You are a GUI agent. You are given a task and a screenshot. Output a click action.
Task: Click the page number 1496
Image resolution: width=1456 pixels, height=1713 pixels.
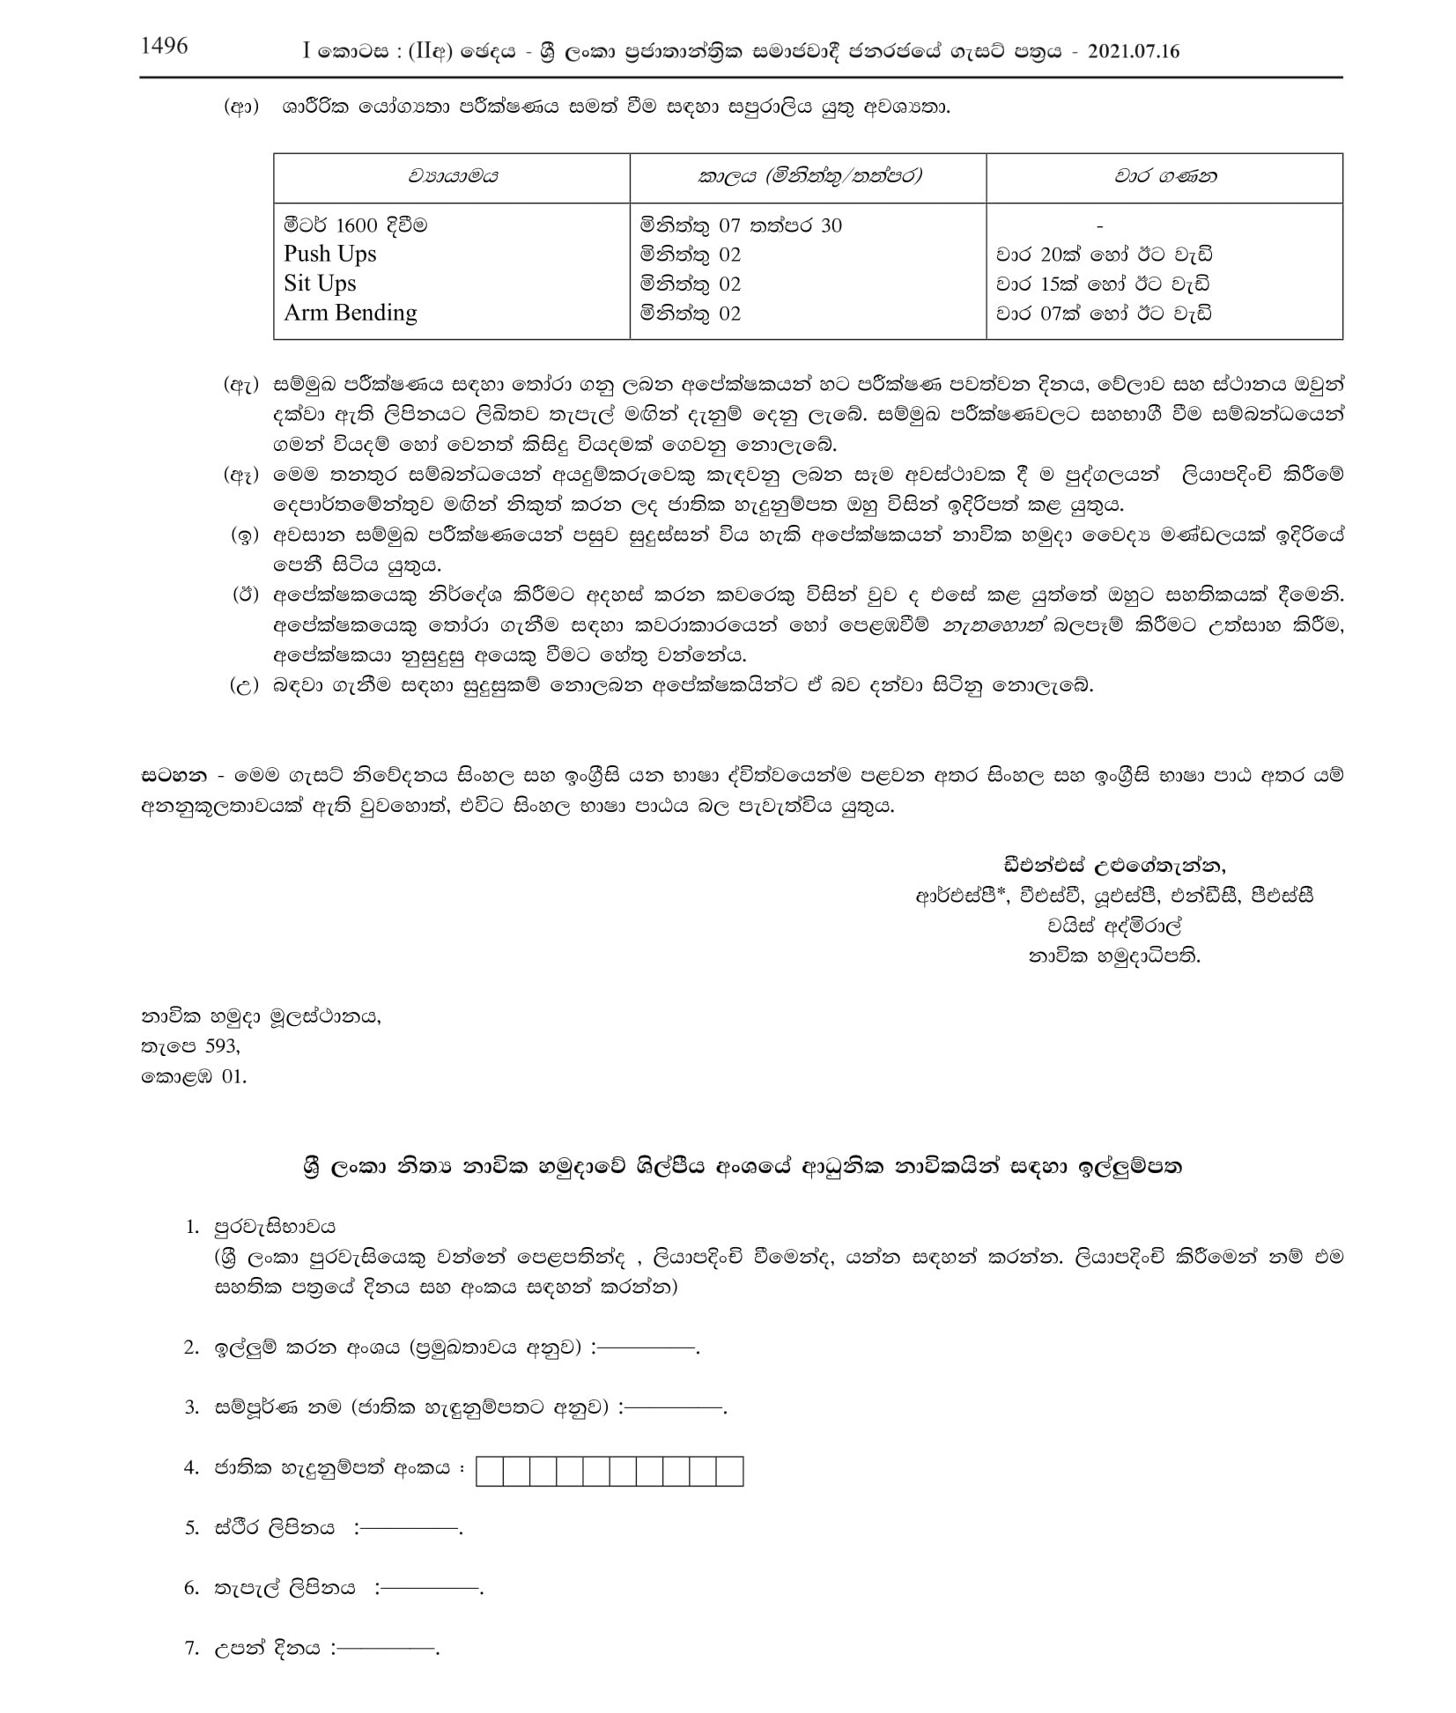pyautogui.click(x=165, y=47)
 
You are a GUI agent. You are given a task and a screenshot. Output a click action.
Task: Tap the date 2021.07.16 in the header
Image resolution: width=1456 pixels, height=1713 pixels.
pyautogui.click(x=1133, y=51)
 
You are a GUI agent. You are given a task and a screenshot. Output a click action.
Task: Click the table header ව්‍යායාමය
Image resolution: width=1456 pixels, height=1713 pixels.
pyautogui.click(x=452, y=176)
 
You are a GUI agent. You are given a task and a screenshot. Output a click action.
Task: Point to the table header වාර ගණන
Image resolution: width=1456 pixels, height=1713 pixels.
pyautogui.click(x=1164, y=176)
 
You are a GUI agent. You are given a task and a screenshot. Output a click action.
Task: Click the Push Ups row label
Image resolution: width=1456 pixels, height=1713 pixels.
pyautogui.click(x=329, y=255)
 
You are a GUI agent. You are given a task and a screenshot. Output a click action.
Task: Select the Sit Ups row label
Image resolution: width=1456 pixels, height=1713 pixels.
pyautogui.click(x=320, y=284)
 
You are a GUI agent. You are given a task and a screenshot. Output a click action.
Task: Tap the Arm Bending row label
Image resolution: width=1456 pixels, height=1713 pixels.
pyautogui.click(x=350, y=314)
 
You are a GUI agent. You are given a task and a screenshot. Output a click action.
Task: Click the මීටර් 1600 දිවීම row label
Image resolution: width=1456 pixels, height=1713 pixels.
pyautogui.click(x=355, y=225)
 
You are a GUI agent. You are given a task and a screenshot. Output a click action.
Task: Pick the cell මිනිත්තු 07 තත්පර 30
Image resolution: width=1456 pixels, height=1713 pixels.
pyautogui.click(x=741, y=225)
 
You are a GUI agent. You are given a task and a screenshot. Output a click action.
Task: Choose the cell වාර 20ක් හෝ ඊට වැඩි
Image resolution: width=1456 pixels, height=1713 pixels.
pyautogui.click(x=1104, y=255)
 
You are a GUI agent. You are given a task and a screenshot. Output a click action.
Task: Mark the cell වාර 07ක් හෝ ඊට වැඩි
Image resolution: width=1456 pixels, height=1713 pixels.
pyautogui.click(x=1104, y=314)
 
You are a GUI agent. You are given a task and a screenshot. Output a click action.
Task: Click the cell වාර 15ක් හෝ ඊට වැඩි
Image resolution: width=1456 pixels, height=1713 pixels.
pyautogui.click(x=1104, y=284)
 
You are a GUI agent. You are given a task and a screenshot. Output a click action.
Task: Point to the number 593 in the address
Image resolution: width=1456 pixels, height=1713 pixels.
pyautogui.click(x=220, y=1046)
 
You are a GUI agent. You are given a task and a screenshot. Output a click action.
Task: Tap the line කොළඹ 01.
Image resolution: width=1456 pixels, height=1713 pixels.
pyautogui.click(x=194, y=1076)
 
